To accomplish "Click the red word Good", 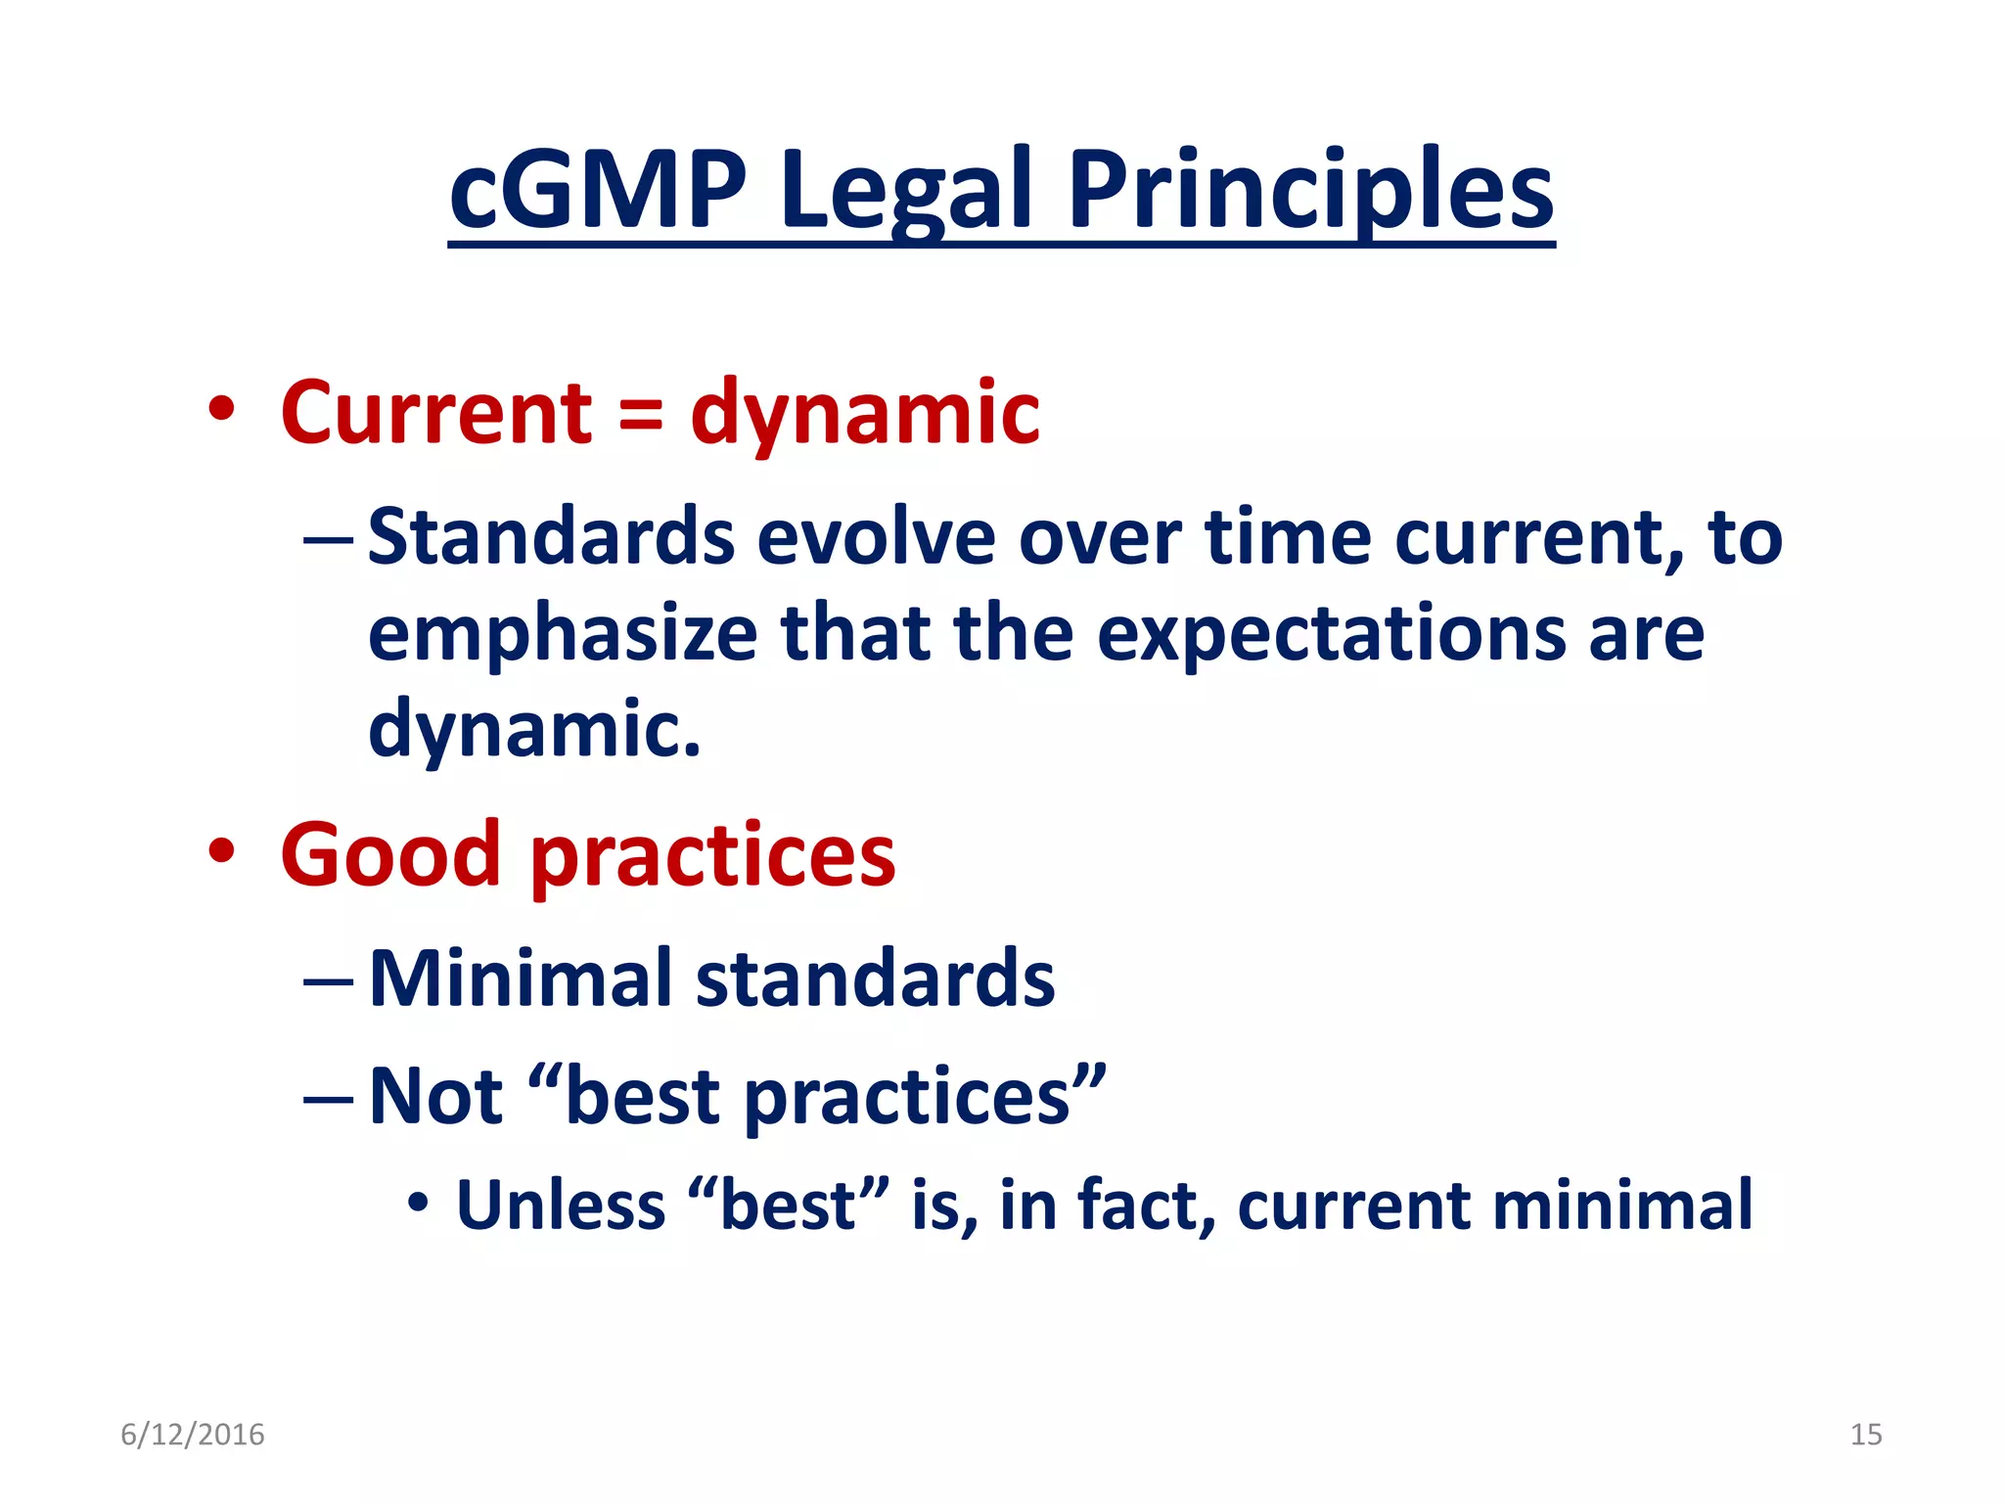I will click(389, 855).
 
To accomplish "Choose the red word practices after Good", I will click(712, 857).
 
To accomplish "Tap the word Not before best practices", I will click(435, 1096).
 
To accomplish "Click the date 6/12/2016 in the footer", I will click(193, 1435).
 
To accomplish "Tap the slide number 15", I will click(1865, 1435).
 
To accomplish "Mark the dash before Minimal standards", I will click(328, 979).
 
